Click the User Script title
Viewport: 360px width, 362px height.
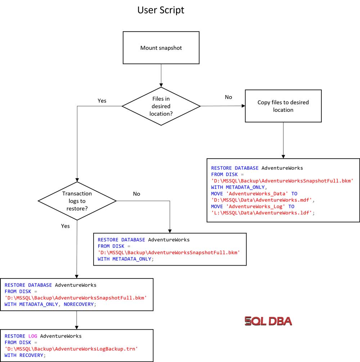[x=161, y=10]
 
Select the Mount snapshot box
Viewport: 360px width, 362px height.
[x=161, y=48]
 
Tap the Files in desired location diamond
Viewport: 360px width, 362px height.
[x=161, y=106]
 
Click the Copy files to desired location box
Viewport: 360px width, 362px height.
[x=283, y=106]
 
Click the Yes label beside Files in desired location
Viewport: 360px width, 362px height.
[x=102, y=101]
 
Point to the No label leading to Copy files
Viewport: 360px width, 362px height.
[x=228, y=97]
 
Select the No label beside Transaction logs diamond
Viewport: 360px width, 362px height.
[x=136, y=194]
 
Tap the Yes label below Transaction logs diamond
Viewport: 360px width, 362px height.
[x=66, y=226]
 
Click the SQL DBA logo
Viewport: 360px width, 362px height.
[x=268, y=321]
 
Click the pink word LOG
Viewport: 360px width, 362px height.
[x=33, y=336]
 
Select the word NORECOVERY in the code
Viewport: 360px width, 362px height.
[x=79, y=304]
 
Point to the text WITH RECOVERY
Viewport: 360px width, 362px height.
[x=24, y=356]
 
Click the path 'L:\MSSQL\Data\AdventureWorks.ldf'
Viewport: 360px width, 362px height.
[x=262, y=213]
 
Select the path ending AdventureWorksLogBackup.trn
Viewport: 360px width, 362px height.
[x=71, y=349]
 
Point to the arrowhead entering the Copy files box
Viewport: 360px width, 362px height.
[x=243, y=106]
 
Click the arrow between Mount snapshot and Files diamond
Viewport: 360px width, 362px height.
[x=161, y=76]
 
